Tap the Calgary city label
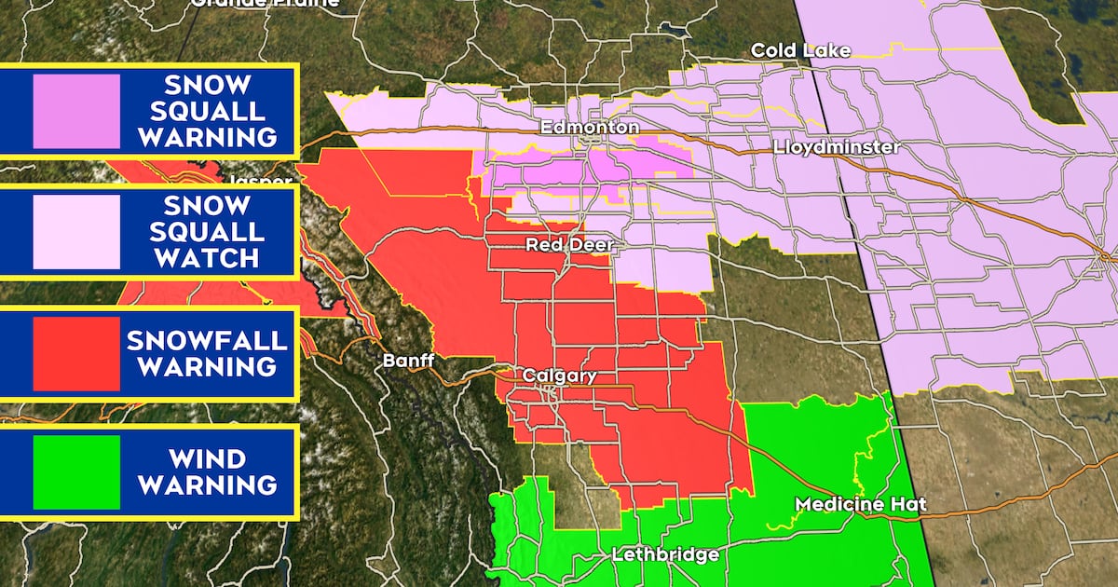click(x=558, y=375)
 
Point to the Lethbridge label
click(x=665, y=554)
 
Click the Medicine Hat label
click(x=860, y=504)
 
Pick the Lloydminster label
click(x=837, y=147)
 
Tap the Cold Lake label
click(x=800, y=50)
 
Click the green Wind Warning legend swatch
click(x=76, y=471)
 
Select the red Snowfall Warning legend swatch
click(x=76, y=353)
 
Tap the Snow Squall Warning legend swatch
click(x=76, y=111)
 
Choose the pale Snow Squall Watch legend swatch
click(x=76, y=232)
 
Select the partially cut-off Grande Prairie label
click(x=265, y=4)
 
